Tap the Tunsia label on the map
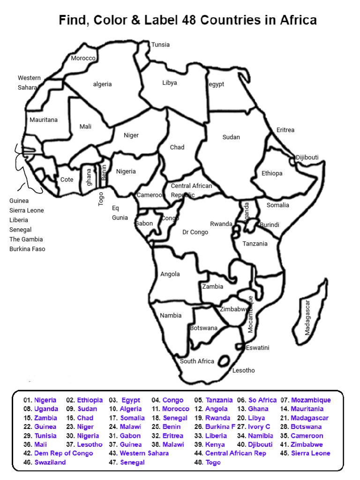(160, 45)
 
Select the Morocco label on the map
(83, 58)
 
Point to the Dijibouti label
(307, 157)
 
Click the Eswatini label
(257, 348)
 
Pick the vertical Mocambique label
(250, 315)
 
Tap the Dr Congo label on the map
(195, 232)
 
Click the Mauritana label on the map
(44, 120)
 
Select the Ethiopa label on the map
(272, 173)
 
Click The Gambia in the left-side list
(27, 239)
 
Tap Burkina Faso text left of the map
(27, 249)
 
